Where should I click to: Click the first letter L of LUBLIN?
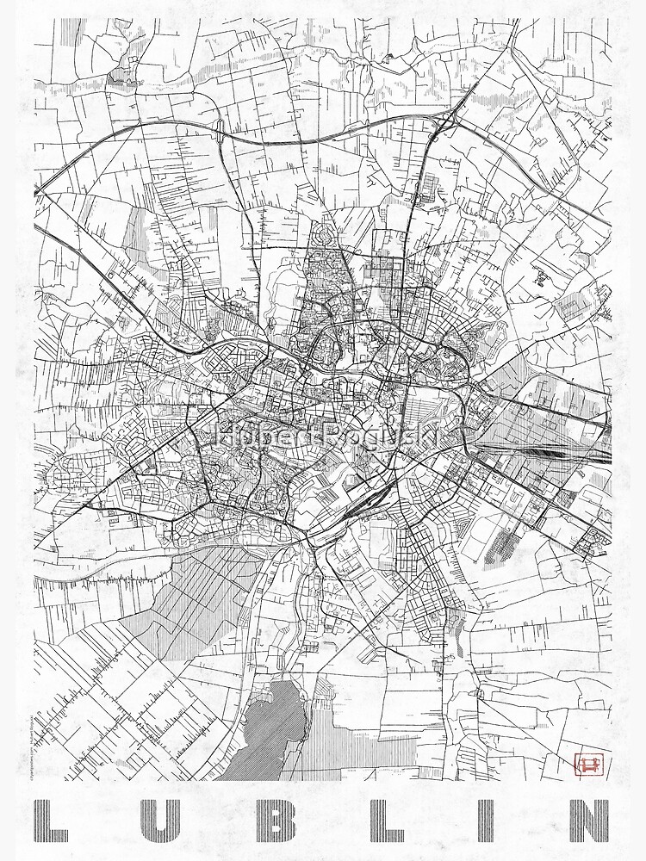53,821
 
